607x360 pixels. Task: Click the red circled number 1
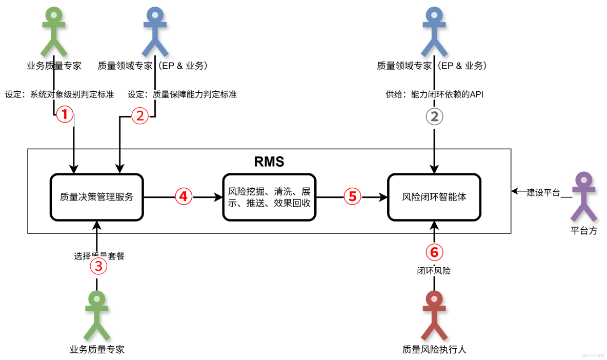point(65,115)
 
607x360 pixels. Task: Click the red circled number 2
point(139,116)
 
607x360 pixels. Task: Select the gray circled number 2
point(434,116)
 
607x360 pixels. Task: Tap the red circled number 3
point(98,266)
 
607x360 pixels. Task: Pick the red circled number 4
point(184,196)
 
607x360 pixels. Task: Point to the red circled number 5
point(352,196)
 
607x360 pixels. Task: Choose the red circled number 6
point(434,252)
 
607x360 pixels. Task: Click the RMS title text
point(269,162)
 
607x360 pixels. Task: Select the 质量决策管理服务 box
point(96,197)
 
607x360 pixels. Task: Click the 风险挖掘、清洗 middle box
point(269,197)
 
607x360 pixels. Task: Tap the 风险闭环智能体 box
point(434,197)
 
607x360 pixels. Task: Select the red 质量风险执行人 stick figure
point(434,314)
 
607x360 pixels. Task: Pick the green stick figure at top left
point(54,32)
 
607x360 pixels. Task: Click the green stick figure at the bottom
point(97,314)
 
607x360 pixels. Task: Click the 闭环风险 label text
point(434,270)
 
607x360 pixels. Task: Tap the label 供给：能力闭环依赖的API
point(434,94)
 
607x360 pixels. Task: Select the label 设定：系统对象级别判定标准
point(59,94)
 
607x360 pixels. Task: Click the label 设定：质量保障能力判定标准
point(182,94)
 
